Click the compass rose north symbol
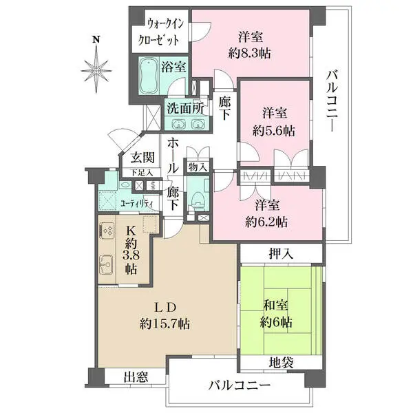point(96,67)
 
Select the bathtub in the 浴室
point(149,74)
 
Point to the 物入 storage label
point(196,167)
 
